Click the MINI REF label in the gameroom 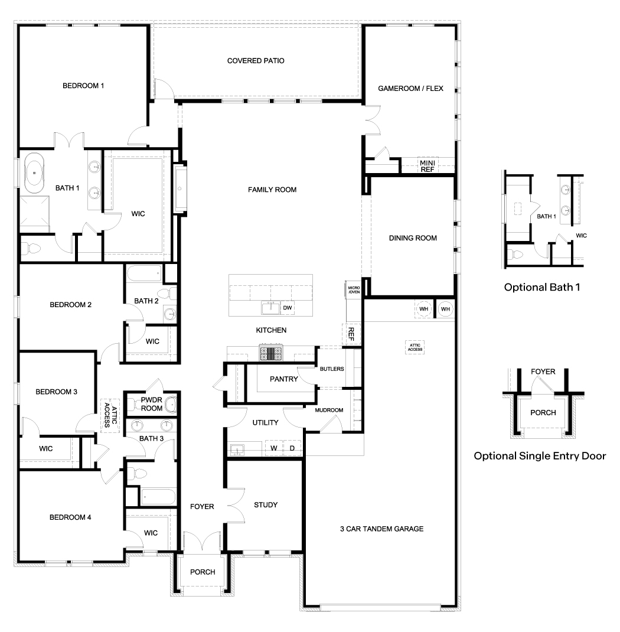[x=427, y=165]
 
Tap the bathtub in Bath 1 [x=34, y=172]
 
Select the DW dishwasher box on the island [x=287, y=308]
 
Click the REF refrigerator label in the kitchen [x=351, y=334]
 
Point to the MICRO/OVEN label [x=354, y=289]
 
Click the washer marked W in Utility [x=274, y=448]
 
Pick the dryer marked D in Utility [x=292, y=448]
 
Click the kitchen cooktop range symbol [x=272, y=353]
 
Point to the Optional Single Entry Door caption [x=540, y=456]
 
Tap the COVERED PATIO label [x=256, y=61]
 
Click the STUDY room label [x=265, y=505]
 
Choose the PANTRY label [x=283, y=379]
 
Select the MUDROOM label [x=329, y=410]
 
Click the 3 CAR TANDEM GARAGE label [x=381, y=529]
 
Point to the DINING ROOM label [x=413, y=238]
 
